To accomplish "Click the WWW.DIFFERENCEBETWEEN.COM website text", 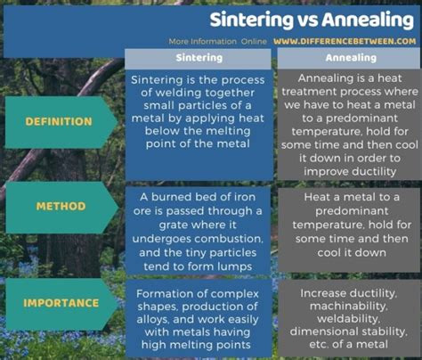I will coord(345,41).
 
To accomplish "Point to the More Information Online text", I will coord(217,41).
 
